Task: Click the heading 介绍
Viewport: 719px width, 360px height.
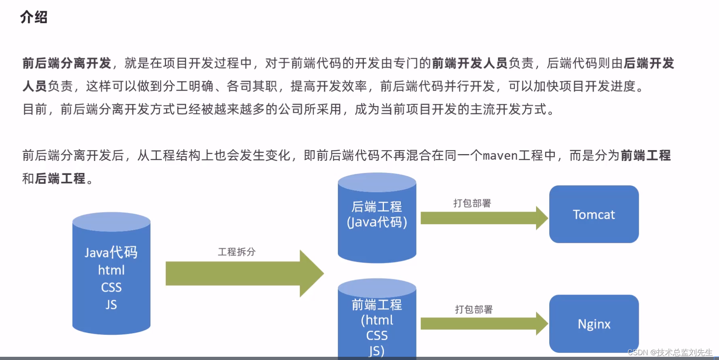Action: (x=34, y=17)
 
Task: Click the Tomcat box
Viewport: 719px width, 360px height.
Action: (x=594, y=214)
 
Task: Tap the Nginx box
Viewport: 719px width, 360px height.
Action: (x=594, y=323)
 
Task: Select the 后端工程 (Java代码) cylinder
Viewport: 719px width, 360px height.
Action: (x=377, y=219)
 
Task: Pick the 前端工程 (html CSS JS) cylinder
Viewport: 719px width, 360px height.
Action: (x=377, y=321)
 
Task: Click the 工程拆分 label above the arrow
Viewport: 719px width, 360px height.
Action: (x=237, y=252)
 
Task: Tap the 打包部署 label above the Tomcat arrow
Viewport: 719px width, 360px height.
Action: (x=472, y=203)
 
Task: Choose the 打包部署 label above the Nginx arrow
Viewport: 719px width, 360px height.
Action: (x=474, y=309)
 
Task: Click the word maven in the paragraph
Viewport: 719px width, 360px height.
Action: (x=500, y=155)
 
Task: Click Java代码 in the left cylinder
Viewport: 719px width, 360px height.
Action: (x=111, y=252)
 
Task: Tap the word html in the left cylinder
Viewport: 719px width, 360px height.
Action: (x=111, y=270)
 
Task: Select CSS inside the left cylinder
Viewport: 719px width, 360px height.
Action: (x=111, y=287)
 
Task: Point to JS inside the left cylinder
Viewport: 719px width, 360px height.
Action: (x=111, y=305)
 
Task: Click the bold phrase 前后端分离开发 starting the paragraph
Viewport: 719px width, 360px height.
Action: (x=67, y=63)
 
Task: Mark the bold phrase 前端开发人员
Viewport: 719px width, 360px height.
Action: (x=470, y=63)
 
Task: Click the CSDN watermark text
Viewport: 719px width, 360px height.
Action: (x=670, y=352)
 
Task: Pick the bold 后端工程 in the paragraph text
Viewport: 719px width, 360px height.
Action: (x=60, y=179)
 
